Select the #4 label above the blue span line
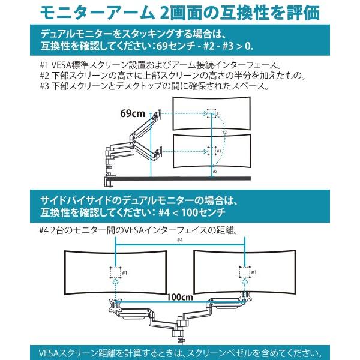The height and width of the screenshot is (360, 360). pos(179,241)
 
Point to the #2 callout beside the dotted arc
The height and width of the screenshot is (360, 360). pos(224,131)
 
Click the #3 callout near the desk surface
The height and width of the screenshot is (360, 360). pos(215,171)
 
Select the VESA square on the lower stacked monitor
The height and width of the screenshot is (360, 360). pos(211,151)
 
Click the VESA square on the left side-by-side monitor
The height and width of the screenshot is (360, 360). pos(115,273)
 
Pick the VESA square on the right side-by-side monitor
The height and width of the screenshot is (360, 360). pos(244,273)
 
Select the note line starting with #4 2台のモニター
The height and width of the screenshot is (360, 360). pos(138,230)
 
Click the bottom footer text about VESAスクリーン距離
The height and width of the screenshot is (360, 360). pos(180,352)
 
